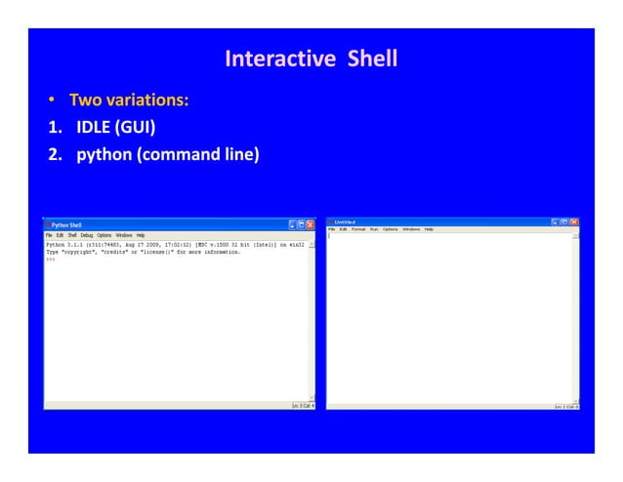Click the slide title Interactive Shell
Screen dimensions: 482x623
[311, 59]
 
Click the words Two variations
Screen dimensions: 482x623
[128, 100]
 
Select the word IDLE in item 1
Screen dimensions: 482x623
[94, 127]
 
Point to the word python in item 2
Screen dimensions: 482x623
[105, 153]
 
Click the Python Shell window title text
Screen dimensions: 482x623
[66, 224]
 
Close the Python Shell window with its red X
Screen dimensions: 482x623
[311, 224]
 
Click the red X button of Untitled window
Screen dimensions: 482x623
[574, 221]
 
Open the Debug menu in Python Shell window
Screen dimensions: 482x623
[87, 235]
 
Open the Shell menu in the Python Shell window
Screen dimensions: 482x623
[72, 235]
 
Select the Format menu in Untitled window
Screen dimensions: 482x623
[358, 229]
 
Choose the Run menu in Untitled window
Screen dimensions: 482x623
[373, 229]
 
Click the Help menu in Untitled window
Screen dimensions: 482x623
[429, 229]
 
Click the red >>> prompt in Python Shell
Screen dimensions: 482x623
[50, 260]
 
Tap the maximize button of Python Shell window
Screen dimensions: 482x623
[301, 224]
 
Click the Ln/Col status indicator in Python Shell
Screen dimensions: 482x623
[302, 405]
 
